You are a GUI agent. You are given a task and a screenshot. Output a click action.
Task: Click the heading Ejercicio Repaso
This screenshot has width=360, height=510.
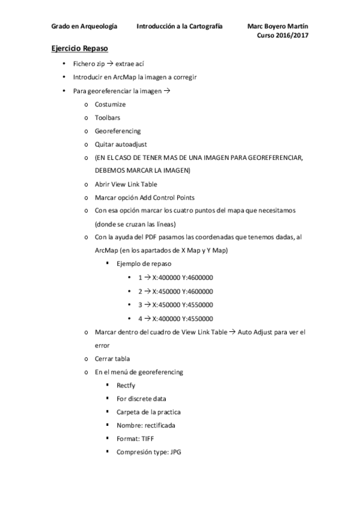(x=79, y=48)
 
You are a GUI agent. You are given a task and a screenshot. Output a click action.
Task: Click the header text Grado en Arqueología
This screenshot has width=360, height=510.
(x=84, y=26)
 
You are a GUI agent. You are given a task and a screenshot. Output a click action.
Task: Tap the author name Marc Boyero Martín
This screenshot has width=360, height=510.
(x=281, y=26)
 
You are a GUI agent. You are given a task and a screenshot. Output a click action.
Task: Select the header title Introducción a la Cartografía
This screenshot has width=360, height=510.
(x=180, y=26)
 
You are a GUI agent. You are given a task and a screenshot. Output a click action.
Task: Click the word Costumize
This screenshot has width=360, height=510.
(x=110, y=104)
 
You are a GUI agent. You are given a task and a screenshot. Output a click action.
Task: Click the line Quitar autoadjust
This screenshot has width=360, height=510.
(x=121, y=144)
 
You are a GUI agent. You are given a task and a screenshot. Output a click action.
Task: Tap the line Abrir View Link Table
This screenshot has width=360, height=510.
(x=126, y=184)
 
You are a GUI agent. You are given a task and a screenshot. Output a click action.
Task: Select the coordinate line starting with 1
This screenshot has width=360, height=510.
(x=176, y=277)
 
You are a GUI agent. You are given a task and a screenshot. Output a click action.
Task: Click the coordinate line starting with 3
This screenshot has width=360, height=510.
(x=176, y=304)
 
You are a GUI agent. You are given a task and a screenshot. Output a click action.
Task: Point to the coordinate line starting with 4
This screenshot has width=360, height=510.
(x=176, y=318)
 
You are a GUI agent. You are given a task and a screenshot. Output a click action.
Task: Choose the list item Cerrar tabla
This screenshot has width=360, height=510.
(x=112, y=358)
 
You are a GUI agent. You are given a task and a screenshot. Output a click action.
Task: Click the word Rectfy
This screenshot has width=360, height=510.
(x=126, y=385)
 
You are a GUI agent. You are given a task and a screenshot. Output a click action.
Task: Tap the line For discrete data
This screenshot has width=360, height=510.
(x=141, y=398)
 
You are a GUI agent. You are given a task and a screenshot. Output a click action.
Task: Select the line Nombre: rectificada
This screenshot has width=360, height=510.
(x=146, y=425)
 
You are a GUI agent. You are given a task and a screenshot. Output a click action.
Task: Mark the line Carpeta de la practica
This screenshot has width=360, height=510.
(x=148, y=411)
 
